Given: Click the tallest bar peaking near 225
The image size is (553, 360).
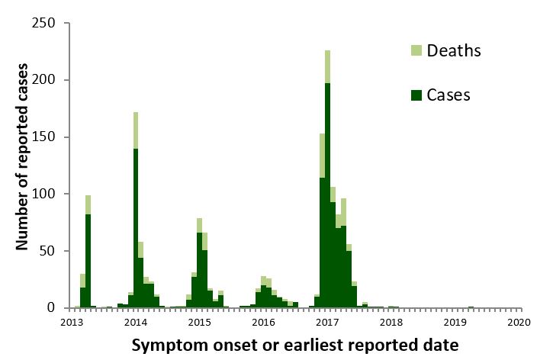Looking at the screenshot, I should click(x=327, y=191).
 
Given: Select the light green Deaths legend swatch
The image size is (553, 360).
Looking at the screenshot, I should click(x=416, y=50).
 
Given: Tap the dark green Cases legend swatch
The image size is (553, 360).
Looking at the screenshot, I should click(x=416, y=95).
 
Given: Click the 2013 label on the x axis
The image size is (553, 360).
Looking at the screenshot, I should click(x=72, y=322).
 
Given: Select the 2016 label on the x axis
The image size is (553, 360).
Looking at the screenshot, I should click(x=264, y=322).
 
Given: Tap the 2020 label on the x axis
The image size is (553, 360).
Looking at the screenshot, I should click(x=520, y=322).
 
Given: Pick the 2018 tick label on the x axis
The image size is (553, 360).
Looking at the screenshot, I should click(x=392, y=322).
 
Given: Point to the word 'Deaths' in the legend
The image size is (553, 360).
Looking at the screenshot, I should click(x=455, y=50).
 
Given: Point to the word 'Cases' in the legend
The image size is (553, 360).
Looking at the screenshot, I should click(x=449, y=95).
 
